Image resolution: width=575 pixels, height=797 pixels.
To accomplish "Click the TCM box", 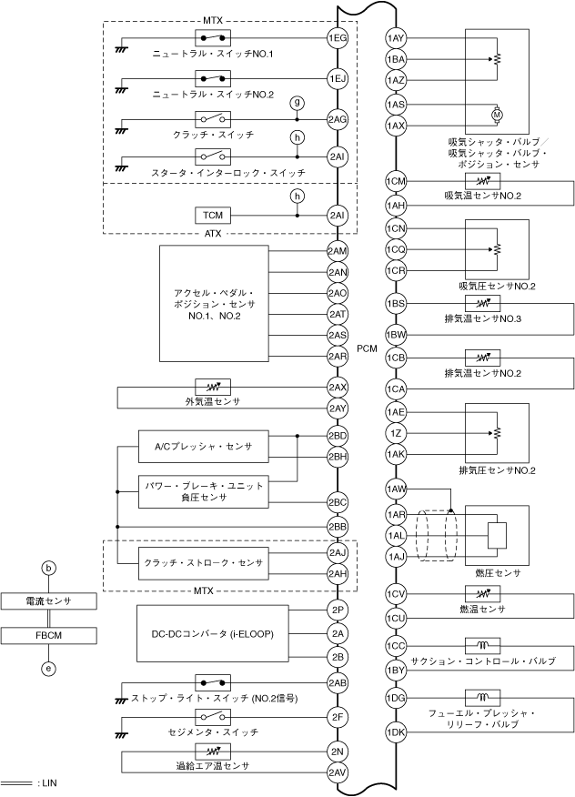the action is pyautogui.click(x=213, y=215).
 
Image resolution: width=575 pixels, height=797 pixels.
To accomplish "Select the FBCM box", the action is pyautogui.click(x=48, y=635).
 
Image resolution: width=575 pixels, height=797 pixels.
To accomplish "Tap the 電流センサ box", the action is pyautogui.click(x=48, y=601).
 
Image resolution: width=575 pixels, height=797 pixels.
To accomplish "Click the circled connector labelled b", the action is pyautogui.click(x=48, y=568).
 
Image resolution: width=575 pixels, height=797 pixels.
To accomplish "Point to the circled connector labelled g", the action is pyautogui.click(x=298, y=103).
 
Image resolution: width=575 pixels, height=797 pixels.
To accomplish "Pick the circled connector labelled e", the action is pyautogui.click(x=48, y=669).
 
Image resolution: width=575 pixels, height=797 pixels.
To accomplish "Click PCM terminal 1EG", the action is pyautogui.click(x=337, y=37).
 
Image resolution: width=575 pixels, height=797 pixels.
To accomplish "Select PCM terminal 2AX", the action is pyautogui.click(x=337, y=388).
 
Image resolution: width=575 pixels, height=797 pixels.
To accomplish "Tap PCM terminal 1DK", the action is pyautogui.click(x=396, y=731).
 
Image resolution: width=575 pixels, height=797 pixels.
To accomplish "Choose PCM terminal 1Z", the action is pyautogui.click(x=396, y=433).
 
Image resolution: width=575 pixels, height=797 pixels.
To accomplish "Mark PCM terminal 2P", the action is pyautogui.click(x=337, y=610).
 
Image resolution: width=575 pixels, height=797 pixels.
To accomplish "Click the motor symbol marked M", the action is pyautogui.click(x=497, y=115).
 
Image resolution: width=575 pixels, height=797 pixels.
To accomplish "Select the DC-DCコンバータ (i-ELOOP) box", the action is pyautogui.click(x=213, y=633).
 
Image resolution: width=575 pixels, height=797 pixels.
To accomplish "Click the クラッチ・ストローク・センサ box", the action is pyautogui.click(x=204, y=563).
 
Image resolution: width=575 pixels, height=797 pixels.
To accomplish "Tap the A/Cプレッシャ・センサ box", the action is pyautogui.click(x=204, y=447).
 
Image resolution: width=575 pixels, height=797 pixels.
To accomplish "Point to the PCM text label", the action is pyautogui.click(x=367, y=348).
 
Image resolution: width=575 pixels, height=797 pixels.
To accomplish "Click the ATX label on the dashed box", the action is pyautogui.click(x=213, y=234).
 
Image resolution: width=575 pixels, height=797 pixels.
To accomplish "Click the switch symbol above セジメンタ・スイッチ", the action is pyautogui.click(x=213, y=717).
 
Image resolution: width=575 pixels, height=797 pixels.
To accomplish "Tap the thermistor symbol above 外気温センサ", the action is pyautogui.click(x=213, y=387).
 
